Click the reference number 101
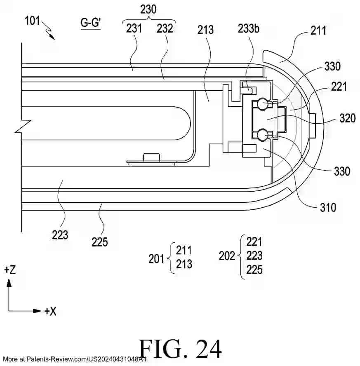32,21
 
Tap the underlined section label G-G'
91,23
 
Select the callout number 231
134,28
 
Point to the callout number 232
165,28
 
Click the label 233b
248,29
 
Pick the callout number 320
347,118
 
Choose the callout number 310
328,207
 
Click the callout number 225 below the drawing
100,242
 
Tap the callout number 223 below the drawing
60,235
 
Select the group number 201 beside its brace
156,259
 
